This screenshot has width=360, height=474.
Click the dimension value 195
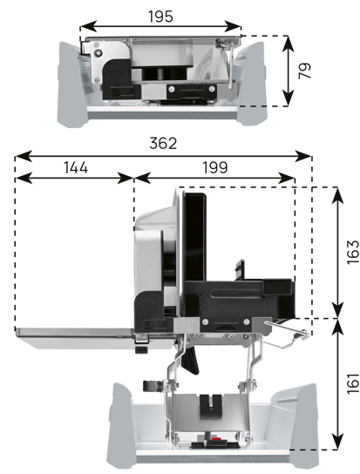160,17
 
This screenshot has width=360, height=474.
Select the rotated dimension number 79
304,71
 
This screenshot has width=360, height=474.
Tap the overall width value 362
163,143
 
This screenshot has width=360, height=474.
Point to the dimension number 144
76,167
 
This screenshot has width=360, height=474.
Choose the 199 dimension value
214,167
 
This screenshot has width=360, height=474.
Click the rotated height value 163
353,253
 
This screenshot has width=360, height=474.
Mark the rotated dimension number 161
353,383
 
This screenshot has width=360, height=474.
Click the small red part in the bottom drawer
215,438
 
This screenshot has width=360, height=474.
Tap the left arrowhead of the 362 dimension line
24,157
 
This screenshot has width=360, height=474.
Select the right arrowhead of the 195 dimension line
233,27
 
